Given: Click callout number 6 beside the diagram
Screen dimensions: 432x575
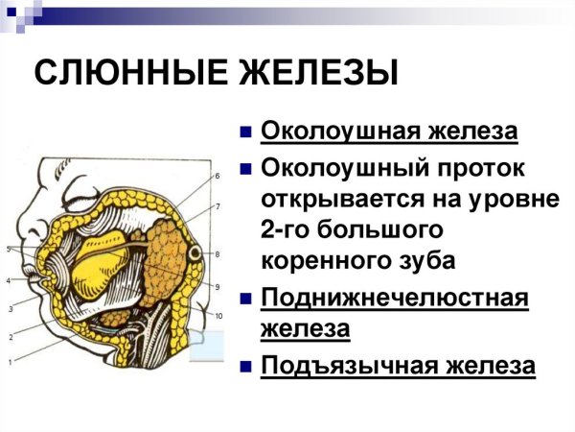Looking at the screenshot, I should (x=218, y=176).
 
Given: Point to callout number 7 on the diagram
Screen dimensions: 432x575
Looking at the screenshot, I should (x=218, y=206).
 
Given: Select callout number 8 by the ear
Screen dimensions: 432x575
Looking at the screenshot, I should (x=218, y=253).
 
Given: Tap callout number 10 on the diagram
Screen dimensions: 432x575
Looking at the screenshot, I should (x=218, y=316).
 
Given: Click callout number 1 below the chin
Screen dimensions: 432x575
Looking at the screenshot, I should (x=11, y=362).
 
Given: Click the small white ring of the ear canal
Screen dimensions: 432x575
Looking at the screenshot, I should (x=195, y=254).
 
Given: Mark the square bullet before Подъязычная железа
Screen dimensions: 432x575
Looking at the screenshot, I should (x=246, y=366).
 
